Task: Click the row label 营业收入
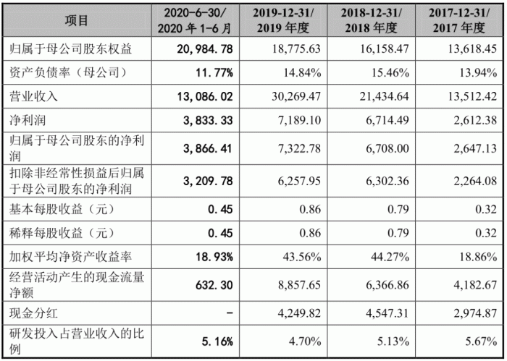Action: tap(33, 95)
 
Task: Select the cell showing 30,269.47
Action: tap(289, 95)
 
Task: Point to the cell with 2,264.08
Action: tap(474, 182)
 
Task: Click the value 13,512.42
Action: tap(470, 95)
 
